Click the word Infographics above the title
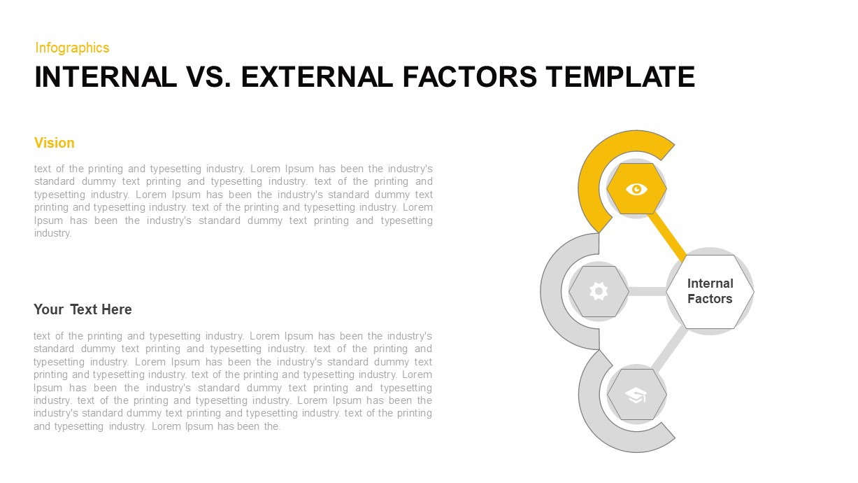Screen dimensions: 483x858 pos(72,48)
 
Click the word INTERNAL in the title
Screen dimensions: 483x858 pos(106,77)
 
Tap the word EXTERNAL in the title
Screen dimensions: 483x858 pos(316,77)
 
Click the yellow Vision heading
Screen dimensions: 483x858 pos(54,143)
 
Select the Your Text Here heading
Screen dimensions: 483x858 pos(83,309)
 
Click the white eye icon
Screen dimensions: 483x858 pos(636,188)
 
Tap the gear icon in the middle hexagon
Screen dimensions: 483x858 pos(599,291)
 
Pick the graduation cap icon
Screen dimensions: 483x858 pos(636,395)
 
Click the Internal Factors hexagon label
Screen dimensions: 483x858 pos(710,291)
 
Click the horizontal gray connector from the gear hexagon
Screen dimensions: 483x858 pos(648,291)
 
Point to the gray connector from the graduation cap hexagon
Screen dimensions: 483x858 pos(669,348)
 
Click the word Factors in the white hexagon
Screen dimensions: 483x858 pos(710,299)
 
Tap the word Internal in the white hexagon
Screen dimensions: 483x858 pos(710,283)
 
